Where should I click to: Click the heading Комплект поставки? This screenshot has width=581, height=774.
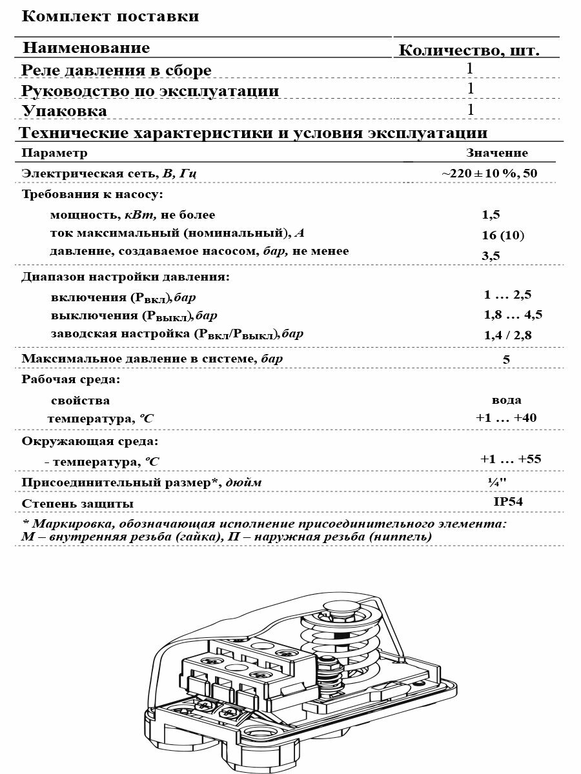coord(110,17)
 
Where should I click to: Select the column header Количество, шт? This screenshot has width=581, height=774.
coord(469,50)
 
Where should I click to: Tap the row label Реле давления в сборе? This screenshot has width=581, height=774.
coord(116,70)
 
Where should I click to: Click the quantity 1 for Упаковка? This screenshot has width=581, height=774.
coord(471,110)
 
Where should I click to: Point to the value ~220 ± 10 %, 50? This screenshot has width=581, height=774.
coord(489,174)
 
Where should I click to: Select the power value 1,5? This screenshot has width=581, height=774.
coord(491,215)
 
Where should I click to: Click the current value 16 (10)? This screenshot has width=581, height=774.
coord(503,235)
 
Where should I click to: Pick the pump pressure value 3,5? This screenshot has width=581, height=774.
coord(491,256)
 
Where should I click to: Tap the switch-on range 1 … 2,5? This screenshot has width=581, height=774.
coord(507,295)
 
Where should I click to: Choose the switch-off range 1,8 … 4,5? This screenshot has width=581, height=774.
coord(513,315)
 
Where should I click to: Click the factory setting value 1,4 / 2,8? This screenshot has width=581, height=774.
coord(508,335)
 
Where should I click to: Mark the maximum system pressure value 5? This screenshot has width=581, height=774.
coord(506,360)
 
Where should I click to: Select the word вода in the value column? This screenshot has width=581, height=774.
coord(507,400)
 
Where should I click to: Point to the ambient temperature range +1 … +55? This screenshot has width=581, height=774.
coord(511,459)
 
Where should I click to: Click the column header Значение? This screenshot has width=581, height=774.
coord(497,153)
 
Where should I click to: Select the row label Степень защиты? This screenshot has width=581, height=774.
coord(78,503)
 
